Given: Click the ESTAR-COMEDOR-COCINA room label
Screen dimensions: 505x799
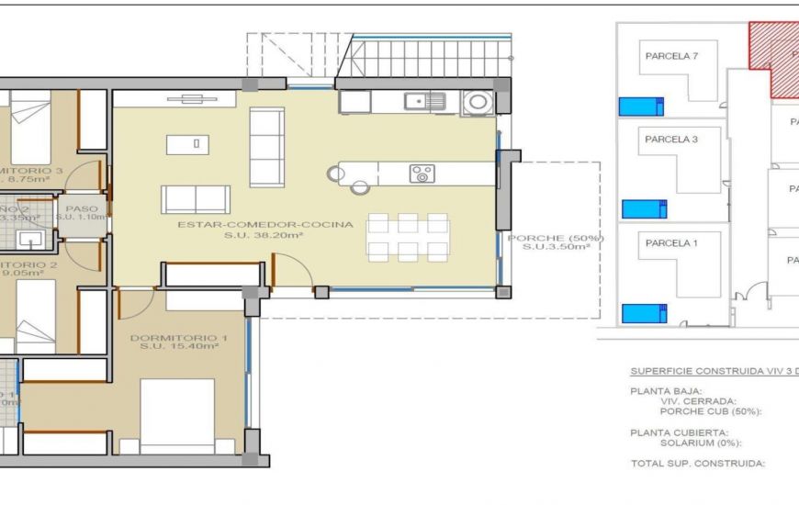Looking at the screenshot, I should (264, 224).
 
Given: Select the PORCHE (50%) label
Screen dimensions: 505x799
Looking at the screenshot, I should (556, 238).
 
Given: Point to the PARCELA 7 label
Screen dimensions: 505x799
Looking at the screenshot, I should (671, 56).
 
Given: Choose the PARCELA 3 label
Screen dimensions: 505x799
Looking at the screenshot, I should (671, 140).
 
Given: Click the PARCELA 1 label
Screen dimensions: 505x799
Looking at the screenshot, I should (671, 243).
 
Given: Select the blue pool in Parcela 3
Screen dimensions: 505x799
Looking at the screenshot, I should (644, 208).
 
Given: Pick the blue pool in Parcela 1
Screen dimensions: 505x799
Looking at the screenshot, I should (644, 313).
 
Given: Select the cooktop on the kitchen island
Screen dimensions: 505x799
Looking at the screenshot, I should (422, 174).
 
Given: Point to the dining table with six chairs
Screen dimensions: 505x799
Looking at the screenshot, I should (408, 237).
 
